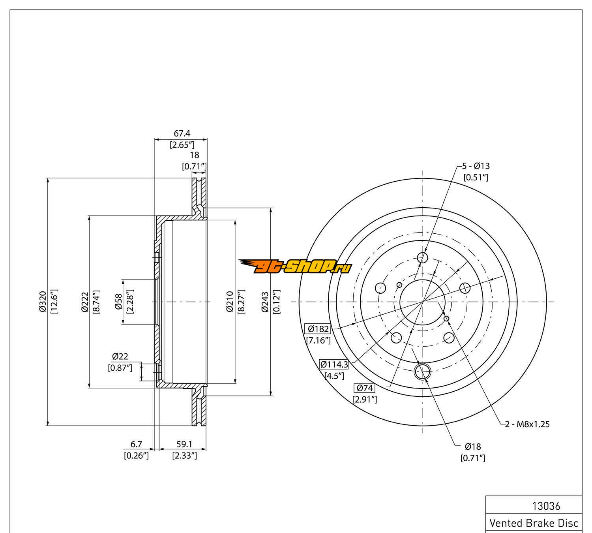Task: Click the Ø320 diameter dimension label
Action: (x=43, y=302)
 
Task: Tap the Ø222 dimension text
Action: (x=85, y=302)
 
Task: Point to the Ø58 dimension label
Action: (x=118, y=302)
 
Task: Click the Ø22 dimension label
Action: (x=120, y=357)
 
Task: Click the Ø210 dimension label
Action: (x=230, y=302)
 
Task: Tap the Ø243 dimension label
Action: (x=265, y=302)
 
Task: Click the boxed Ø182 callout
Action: (x=318, y=328)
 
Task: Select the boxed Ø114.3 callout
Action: (x=334, y=364)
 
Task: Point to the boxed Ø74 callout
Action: (x=364, y=388)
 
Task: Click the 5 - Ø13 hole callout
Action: (x=476, y=166)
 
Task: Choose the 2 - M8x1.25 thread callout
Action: (x=528, y=424)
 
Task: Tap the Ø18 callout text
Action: (x=472, y=447)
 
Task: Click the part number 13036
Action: (x=546, y=506)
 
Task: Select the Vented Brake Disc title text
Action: (x=534, y=523)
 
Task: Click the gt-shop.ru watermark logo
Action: (x=295, y=267)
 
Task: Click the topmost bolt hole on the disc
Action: (x=423, y=258)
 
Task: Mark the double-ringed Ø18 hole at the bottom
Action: (x=423, y=371)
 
